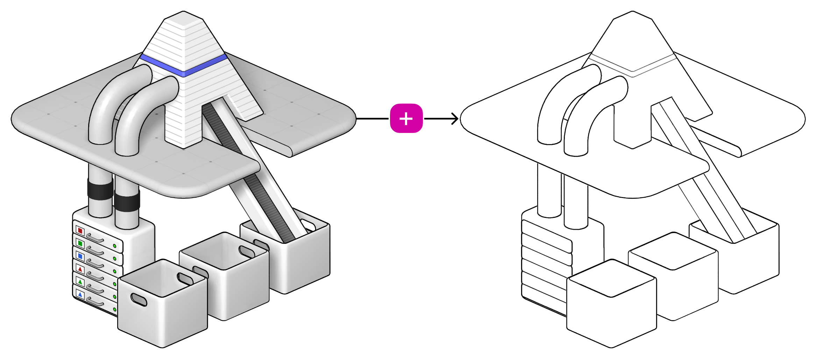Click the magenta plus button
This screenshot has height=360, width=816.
pos(406,118)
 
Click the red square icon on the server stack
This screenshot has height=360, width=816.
pos(80,231)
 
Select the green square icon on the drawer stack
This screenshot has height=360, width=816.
pos(80,243)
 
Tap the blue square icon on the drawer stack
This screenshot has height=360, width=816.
pos(80,256)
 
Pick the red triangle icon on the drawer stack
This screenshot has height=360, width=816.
pos(80,269)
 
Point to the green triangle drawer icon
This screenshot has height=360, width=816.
pos(80,282)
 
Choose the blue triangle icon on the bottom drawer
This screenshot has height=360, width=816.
pos(80,295)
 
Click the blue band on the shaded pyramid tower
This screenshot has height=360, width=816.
pos(183,66)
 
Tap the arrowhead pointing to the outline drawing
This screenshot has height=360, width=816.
pos(455,119)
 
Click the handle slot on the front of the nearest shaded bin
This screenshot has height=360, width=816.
pos(139,300)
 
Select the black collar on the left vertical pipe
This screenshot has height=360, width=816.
pos(100,189)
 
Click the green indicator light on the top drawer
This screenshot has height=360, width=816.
pos(115,246)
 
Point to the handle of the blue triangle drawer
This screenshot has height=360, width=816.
pos(95,301)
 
